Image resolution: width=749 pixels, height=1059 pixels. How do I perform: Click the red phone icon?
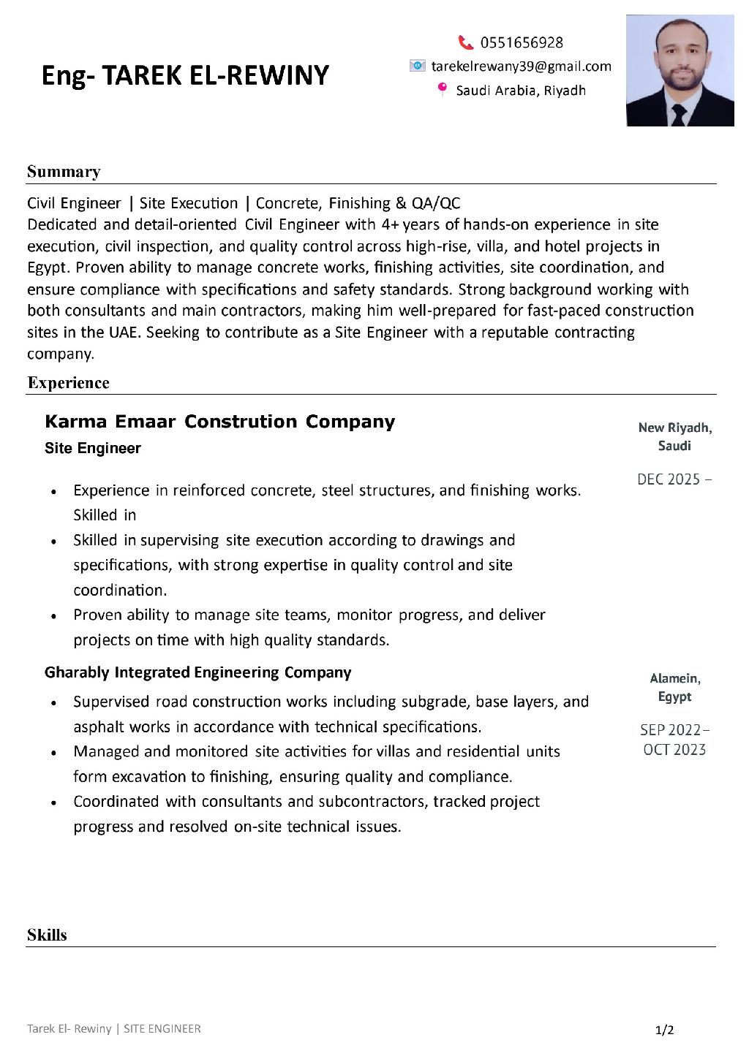[465, 42]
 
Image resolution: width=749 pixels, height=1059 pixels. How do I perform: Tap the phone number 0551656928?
[522, 42]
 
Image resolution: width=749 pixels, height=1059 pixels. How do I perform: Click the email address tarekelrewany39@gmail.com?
[521, 67]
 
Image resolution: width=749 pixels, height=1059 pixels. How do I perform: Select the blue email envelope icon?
[417, 67]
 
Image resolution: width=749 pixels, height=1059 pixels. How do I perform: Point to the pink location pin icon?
[442, 90]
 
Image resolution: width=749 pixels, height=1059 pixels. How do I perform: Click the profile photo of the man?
[680, 71]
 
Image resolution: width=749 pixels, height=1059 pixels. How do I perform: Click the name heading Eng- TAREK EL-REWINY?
[185, 75]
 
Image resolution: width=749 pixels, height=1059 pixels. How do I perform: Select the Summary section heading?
[64, 172]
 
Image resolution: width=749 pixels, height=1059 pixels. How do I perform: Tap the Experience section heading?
[68, 383]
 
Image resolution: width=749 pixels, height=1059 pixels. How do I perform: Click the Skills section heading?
[47, 935]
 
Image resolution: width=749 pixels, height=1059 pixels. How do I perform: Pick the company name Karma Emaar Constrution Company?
[219, 422]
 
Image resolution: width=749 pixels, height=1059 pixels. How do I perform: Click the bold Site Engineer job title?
[93, 448]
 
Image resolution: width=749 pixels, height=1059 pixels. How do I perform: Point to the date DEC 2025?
[669, 479]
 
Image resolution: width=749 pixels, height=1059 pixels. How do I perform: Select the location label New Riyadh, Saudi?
[674, 436]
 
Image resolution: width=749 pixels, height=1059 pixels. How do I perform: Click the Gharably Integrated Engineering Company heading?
[197, 672]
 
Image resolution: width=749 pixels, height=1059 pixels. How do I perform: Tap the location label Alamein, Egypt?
[674, 687]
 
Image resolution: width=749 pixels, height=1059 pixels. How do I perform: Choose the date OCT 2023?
[674, 750]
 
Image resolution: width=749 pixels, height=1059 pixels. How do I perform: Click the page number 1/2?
[664, 1030]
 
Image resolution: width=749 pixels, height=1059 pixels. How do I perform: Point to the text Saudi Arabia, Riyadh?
[521, 91]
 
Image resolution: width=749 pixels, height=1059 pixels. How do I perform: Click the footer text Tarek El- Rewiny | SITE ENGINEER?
[113, 1029]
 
